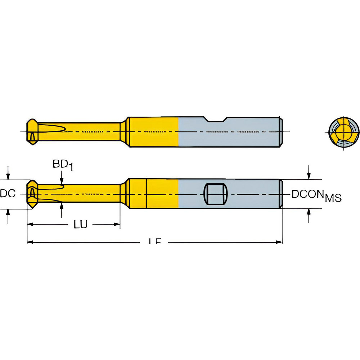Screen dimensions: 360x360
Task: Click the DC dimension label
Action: point(8,194)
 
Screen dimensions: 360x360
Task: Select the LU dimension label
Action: point(80,225)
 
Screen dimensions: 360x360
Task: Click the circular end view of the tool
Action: point(344,132)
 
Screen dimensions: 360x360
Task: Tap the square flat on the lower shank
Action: point(215,194)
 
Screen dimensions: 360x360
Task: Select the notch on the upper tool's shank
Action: point(216,119)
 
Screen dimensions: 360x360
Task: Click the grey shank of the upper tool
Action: point(230,132)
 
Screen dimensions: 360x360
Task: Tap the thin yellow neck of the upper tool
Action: point(94,132)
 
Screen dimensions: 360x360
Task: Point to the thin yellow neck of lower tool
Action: point(94,194)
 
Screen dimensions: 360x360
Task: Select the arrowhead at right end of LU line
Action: point(117,225)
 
